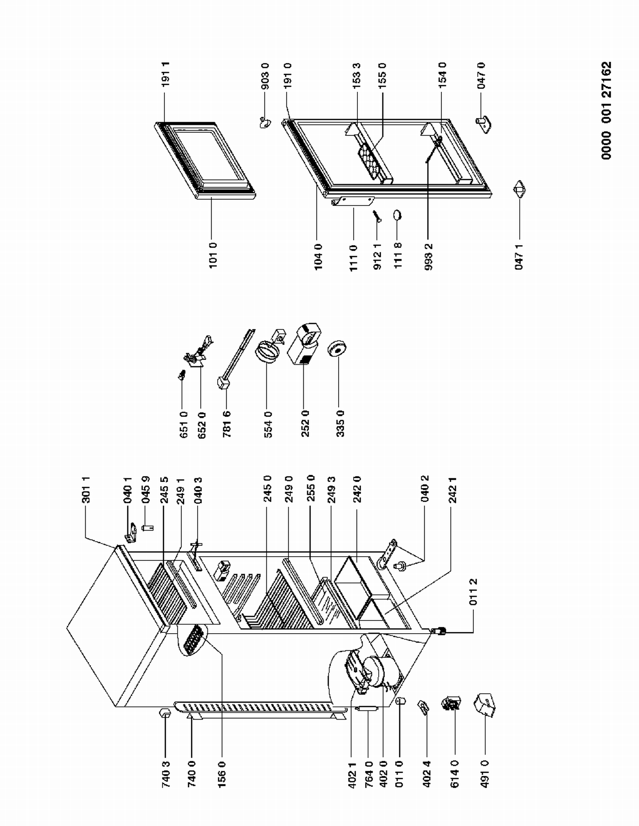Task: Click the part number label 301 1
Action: tap(86, 490)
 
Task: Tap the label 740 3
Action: tap(166, 775)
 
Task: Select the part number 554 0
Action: tap(268, 424)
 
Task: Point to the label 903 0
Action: tap(265, 76)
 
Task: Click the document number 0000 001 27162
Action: tap(607, 111)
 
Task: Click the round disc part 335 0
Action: tap(337, 349)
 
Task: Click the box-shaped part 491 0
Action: tap(485, 705)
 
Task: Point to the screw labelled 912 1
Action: tap(377, 216)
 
